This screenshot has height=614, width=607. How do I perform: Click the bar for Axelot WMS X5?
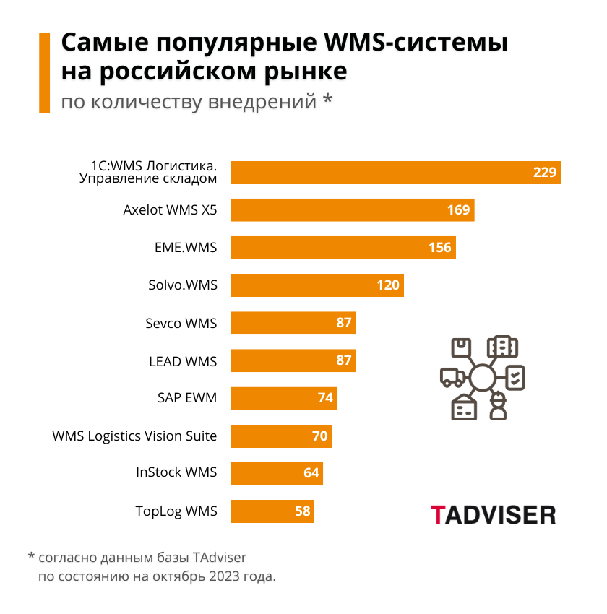click(352, 210)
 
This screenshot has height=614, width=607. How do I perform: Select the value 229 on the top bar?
click(545, 172)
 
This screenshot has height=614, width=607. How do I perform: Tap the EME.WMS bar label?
click(186, 248)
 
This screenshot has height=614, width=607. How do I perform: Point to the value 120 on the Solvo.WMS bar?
click(388, 285)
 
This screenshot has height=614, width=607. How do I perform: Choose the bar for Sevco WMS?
click(293, 323)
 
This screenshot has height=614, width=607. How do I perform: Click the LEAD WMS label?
click(182, 360)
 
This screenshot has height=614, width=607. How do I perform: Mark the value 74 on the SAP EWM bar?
click(325, 398)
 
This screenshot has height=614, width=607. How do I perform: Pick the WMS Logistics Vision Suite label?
click(134, 436)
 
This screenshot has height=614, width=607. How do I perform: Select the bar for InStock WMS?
click(276, 473)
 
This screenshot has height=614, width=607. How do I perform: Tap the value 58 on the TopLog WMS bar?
click(303, 511)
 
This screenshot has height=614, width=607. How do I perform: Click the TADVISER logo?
click(493, 514)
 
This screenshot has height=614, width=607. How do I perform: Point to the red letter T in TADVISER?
click(437, 514)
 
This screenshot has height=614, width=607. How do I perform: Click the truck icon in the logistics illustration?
click(452, 376)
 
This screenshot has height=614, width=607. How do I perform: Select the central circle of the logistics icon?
click(482, 377)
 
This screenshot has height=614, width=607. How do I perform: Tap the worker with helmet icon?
click(497, 406)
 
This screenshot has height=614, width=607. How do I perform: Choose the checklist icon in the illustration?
click(515, 377)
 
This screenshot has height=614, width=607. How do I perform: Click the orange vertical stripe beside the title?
click(44, 72)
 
